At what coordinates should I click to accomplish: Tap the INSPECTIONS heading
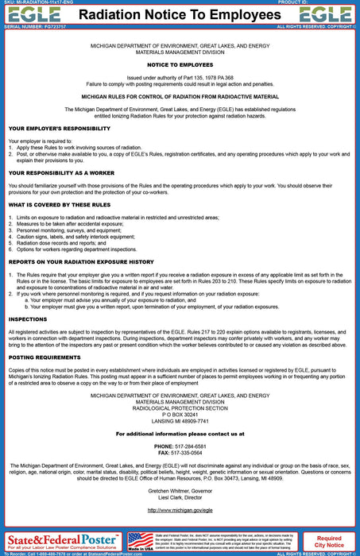coord(29,319)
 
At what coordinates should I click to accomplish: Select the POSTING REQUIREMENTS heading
coord(45,357)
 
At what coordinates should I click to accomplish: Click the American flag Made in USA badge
coord(141,541)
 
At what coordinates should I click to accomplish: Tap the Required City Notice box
coord(329,541)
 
